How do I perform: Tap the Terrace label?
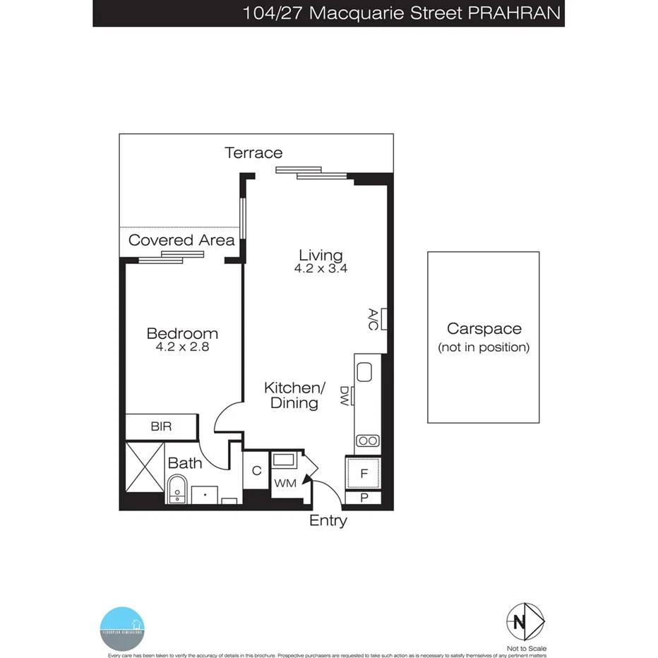click(253, 152)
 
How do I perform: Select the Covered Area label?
click(181, 240)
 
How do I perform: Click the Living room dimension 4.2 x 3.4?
click(321, 269)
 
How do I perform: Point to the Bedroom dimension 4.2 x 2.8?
click(181, 347)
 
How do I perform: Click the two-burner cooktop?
click(367, 441)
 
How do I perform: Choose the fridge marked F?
click(364, 474)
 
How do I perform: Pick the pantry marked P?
click(364, 498)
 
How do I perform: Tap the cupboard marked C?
click(256, 471)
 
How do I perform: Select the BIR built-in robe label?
click(160, 427)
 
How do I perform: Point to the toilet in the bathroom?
click(177, 489)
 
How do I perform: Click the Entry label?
click(328, 521)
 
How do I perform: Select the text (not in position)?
click(484, 347)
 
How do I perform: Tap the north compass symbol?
click(525, 622)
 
